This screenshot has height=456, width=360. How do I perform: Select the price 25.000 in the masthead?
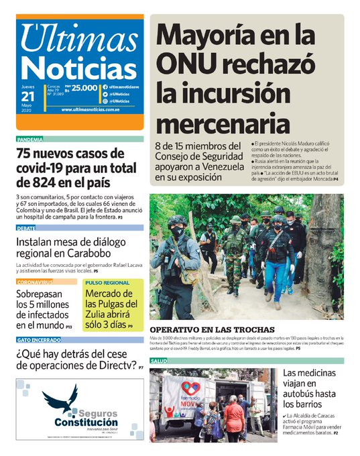point(84,88)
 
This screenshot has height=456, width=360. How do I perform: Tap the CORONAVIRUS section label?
point(35,282)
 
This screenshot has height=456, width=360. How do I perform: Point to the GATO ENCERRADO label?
point(38,340)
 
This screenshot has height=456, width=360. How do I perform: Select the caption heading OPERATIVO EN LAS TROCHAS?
point(211,330)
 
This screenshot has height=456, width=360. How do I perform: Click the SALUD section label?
point(159,361)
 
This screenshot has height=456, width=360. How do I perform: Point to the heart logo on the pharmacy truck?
point(191,388)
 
